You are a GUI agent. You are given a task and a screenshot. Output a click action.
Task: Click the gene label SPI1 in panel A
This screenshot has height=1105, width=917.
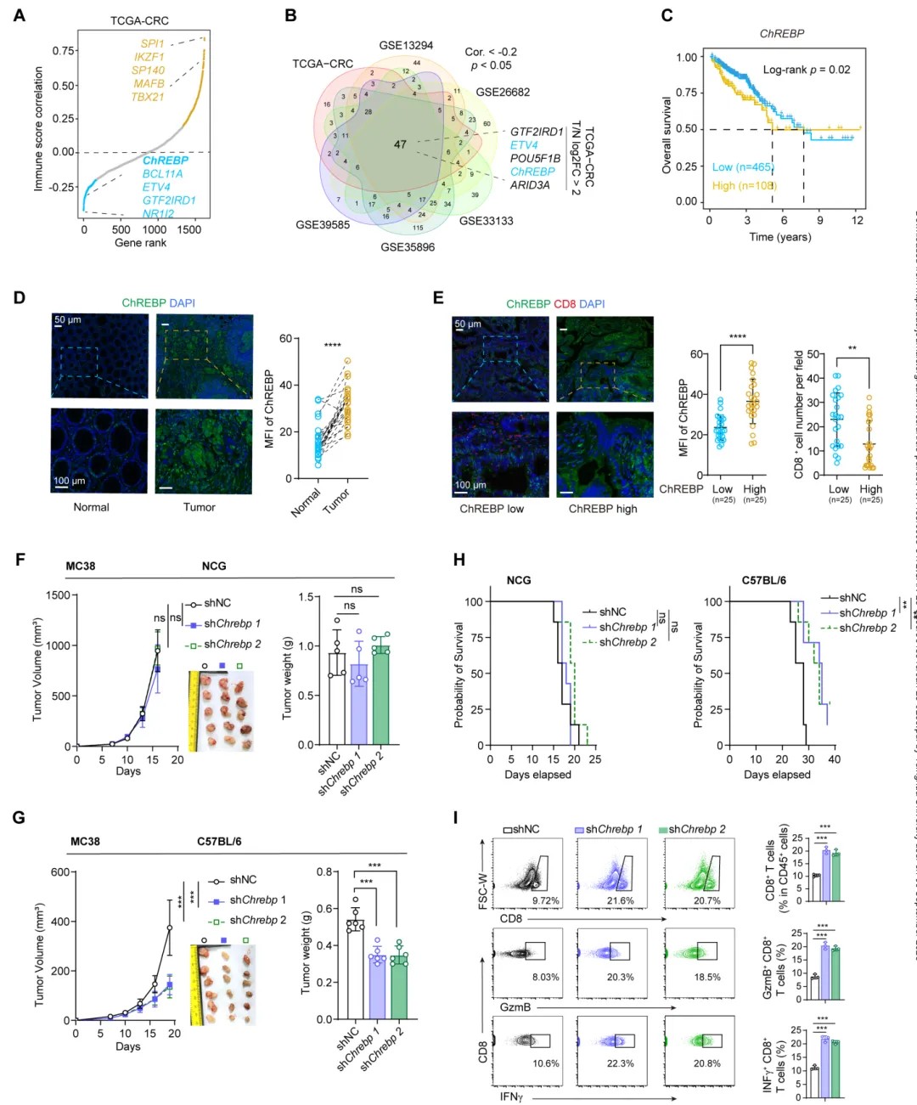(152, 43)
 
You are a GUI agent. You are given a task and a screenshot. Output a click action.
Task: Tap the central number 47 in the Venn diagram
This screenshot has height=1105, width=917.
(400, 144)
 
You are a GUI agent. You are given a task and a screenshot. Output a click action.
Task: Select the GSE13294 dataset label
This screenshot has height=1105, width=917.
(406, 46)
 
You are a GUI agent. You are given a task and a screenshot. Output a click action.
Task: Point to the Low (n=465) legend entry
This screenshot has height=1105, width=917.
(742, 167)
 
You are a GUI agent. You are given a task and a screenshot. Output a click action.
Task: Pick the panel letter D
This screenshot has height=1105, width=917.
(19, 298)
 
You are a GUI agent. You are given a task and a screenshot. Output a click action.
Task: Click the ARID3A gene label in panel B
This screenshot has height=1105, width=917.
(530, 185)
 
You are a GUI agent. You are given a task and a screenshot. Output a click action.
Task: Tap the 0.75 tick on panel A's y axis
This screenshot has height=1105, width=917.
(63, 51)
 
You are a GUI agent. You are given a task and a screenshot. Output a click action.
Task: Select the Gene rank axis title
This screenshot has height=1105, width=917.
(140, 243)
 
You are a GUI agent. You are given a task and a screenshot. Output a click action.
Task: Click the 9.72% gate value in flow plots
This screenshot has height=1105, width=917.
(545, 900)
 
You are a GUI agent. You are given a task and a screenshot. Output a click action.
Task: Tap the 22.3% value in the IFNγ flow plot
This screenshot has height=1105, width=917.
(620, 1063)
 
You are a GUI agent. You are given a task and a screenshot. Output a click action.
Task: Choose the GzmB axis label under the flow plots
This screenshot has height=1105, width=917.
(515, 1007)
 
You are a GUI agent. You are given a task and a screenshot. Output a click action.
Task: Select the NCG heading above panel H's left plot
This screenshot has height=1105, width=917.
(518, 581)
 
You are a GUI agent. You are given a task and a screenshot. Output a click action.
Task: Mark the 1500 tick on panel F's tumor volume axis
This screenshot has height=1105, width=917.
(58, 595)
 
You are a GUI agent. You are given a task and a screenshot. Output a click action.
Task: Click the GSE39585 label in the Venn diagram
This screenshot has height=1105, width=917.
(323, 225)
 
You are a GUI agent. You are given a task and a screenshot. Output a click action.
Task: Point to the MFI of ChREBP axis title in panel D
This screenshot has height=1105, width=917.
(269, 409)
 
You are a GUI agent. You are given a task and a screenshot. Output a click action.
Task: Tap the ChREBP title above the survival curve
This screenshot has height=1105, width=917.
(781, 34)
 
